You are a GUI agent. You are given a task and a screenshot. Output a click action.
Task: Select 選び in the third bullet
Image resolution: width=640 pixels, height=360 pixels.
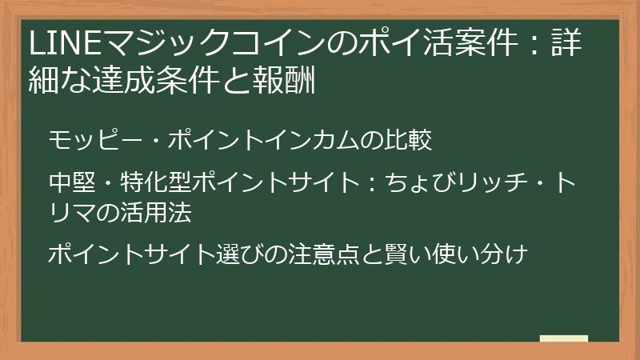243,255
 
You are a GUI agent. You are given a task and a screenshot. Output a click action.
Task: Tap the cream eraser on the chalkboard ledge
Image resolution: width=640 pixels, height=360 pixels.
563,338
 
